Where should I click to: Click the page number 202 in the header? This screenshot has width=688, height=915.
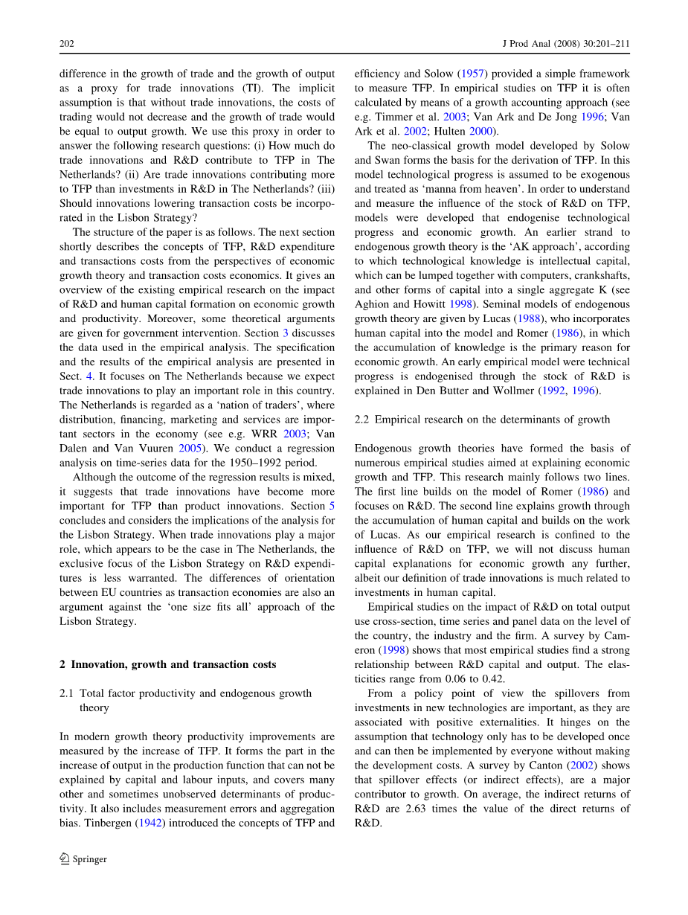coord(66,44)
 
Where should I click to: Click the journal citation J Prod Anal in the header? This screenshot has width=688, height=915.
coord(522,44)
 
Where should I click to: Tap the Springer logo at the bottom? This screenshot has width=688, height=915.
coord(83,859)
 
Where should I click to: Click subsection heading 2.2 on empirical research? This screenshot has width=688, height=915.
coord(482,420)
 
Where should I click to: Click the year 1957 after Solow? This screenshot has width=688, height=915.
coord(465,74)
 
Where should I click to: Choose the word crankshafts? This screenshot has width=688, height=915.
coord(594,275)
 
